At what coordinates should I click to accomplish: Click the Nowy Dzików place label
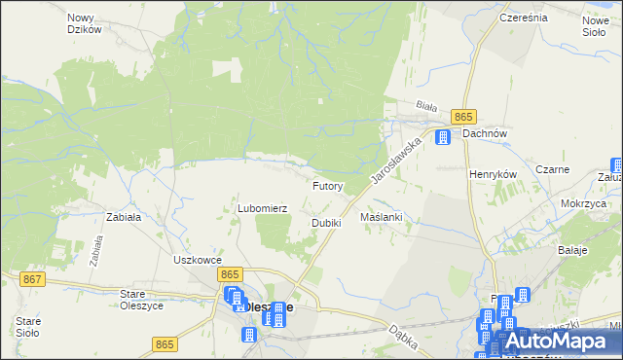(85, 23)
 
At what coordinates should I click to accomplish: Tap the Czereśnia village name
(523, 18)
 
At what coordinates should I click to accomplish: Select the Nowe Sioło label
(595, 26)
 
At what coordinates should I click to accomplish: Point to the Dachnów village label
(487, 134)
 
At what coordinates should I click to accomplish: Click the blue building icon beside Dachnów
(443, 137)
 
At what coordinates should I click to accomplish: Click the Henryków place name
(492, 173)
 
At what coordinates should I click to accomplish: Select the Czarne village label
(565, 169)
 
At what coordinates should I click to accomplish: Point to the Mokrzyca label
(584, 204)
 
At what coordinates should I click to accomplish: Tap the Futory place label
(327, 185)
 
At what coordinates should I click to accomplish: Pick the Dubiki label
(326, 223)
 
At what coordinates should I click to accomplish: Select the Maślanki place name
(381, 217)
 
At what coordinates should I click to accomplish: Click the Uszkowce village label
(199, 260)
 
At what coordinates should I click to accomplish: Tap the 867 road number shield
(32, 279)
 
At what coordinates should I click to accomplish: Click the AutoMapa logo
(559, 341)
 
